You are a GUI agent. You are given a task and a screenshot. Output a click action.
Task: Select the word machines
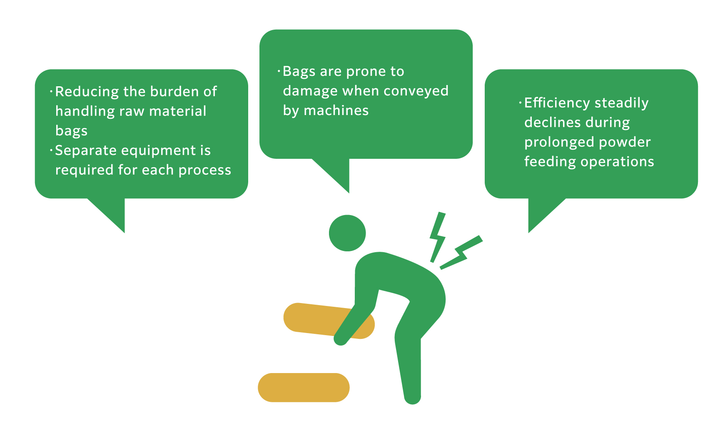click(x=336, y=110)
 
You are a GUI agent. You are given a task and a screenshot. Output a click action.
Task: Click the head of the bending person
click(x=347, y=233)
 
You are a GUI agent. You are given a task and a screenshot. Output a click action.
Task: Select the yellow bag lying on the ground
click(x=304, y=387)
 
